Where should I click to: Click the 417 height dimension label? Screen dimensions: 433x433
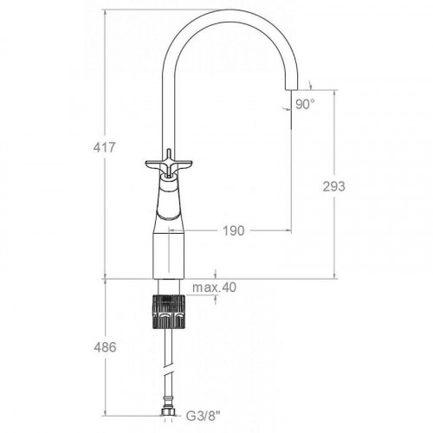point(104,147)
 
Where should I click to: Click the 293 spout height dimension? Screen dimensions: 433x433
point(334,186)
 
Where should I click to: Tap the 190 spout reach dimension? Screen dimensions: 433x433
point(234,230)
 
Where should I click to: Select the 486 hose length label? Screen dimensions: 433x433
point(105,347)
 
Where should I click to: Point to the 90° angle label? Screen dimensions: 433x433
point(305,104)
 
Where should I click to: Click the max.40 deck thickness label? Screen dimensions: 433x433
point(214,288)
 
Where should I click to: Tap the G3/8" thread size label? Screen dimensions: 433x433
point(203,417)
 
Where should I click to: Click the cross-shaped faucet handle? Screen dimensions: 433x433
point(169,163)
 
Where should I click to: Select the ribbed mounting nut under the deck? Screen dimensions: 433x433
point(169,312)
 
